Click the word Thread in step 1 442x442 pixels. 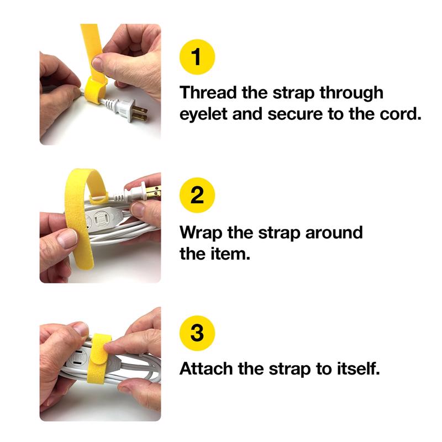[209, 92]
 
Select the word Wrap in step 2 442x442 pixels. [201, 232]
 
